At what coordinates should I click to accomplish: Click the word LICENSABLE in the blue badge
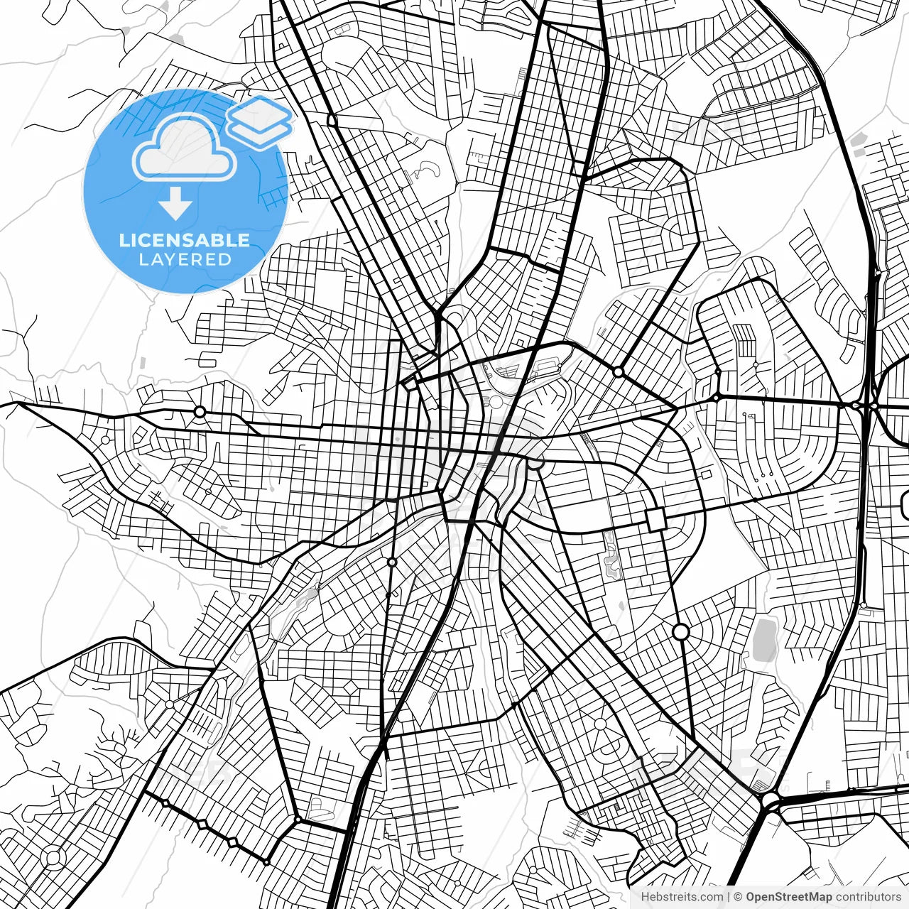point(185,240)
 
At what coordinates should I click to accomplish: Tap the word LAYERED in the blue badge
point(185,260)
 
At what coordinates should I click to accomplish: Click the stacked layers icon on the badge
point(259,121)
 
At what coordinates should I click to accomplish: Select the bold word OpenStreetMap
point(789,897)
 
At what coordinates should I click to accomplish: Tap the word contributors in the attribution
point(869,897)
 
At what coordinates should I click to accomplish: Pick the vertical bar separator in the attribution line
point(729,897)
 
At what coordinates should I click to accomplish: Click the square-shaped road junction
point(657,519)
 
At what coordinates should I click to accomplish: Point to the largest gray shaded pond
point(764,639)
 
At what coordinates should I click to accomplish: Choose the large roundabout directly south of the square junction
point(680,631)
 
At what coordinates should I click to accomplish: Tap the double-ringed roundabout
point(53,858)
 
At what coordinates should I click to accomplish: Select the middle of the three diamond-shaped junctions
point(202,824)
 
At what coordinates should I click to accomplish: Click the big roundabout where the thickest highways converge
point(770,802)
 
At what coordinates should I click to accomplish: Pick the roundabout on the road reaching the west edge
point(200,412)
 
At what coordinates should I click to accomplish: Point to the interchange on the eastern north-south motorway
point(866,405)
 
